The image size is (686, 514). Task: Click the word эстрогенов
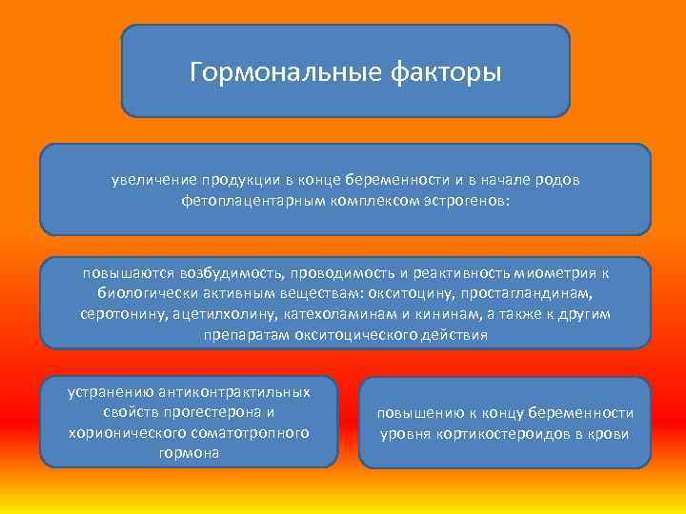click(463, 201)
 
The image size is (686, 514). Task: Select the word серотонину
click(121, 314)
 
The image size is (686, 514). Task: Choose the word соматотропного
click(252, 433)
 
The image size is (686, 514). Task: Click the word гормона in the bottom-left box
click(191, 453)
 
